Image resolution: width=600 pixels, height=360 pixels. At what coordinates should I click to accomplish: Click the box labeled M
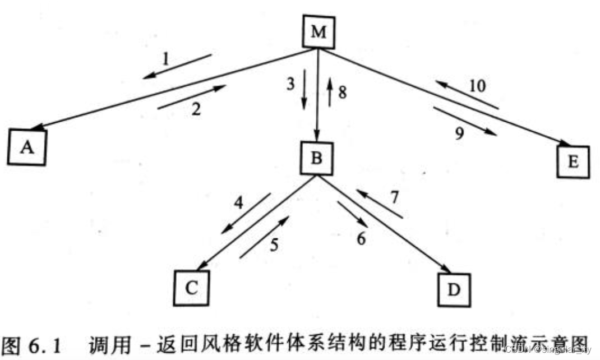click(319, 32)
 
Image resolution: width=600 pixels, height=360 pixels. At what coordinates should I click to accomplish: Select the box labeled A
click(27, 147)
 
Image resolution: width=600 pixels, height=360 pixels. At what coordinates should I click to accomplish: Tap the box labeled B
click(316, 158)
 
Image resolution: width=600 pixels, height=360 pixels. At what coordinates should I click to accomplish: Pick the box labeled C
click(191, 288)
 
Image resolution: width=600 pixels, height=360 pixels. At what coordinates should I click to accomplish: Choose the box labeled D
click(453, 290)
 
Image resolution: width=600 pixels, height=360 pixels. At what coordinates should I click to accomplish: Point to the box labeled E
click(573, 161)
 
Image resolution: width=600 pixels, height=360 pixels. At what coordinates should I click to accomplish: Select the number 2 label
click(196, 109)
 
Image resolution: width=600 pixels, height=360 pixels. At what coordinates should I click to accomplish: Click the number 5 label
click(274, 246)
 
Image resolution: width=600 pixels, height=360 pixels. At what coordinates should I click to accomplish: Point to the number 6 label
click(361, 238)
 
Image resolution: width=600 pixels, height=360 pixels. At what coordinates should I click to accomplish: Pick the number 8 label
click(343, 91)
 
